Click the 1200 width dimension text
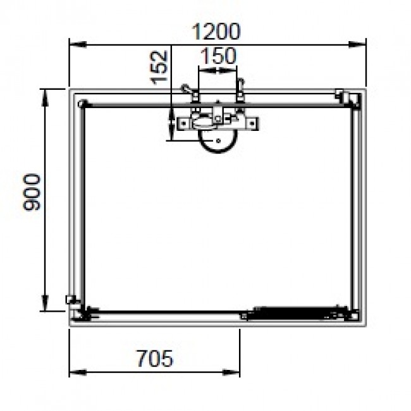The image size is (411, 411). (x=216, y=31)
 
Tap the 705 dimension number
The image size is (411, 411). (x=154, y=359)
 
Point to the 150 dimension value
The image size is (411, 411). (x=218, y=56)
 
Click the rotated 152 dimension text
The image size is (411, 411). (x=159, y=66)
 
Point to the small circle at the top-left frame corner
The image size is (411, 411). (x=81, y=103)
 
